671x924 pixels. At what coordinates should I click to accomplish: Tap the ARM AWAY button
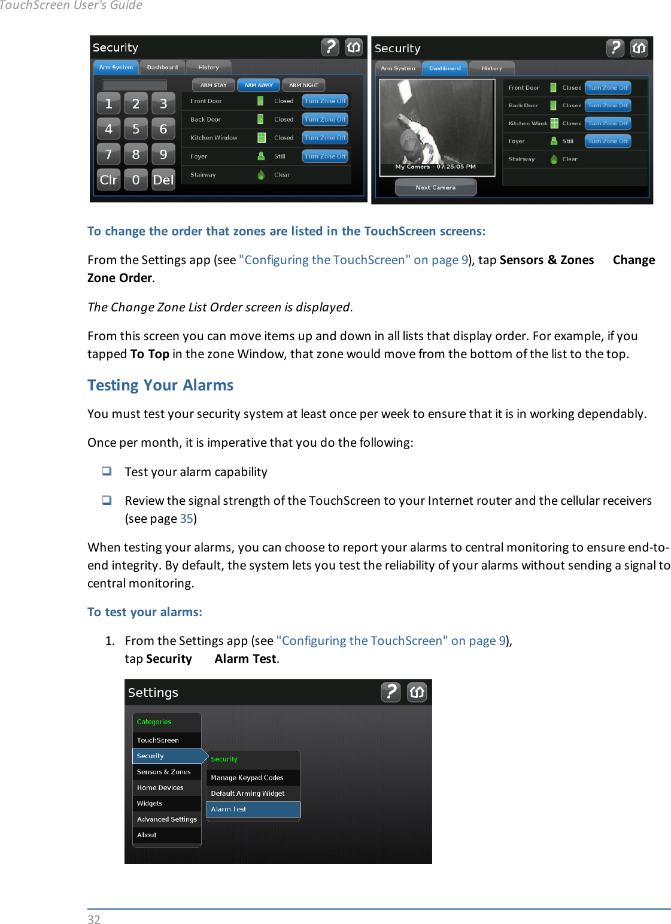(258, 85)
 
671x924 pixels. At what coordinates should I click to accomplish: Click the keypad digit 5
(136, 129)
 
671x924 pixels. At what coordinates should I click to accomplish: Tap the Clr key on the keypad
(108, 180)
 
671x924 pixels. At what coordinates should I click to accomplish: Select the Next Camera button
(436, 187)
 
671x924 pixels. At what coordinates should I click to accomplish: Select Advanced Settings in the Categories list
(166, 819)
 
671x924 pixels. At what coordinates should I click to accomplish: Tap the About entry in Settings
(147, 835)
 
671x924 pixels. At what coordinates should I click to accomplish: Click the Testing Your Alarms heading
(160, 385)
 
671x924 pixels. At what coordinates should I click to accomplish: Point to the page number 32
(94, 919)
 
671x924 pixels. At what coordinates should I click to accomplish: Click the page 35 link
(186, 519)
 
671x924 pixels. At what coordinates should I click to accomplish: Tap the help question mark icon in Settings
(390, 692)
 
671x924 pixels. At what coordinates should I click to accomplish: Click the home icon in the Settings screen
(417, 692)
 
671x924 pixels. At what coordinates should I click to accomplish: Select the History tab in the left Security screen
(208, 68)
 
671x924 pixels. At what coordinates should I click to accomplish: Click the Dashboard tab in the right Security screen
(445, 68)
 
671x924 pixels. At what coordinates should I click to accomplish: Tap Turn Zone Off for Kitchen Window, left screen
(325, 138)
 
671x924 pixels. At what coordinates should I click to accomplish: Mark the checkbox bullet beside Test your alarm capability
(107, 471)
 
